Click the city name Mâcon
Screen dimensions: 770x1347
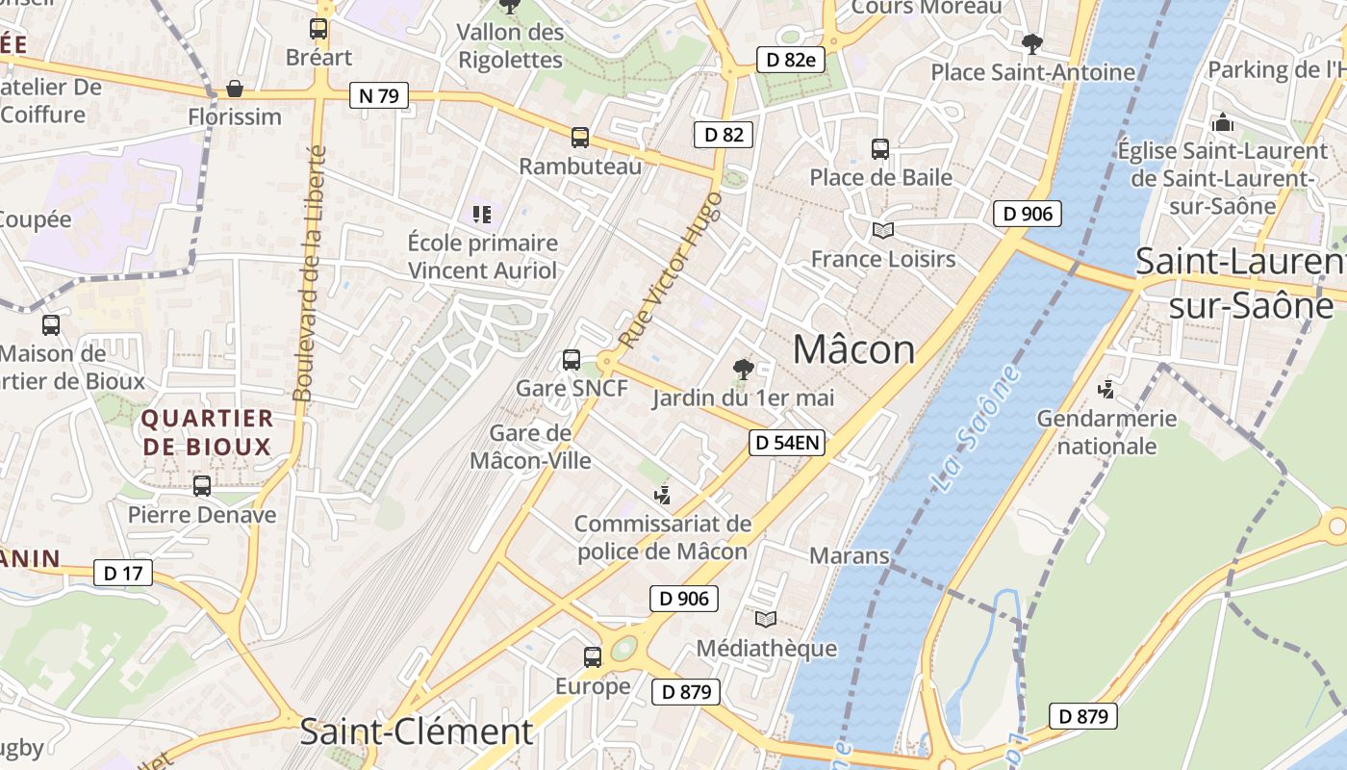point(853,349)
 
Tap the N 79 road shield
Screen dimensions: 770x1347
point(378,95)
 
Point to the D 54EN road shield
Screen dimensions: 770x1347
point(787,443)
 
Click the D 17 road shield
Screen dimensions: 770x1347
point(123,574)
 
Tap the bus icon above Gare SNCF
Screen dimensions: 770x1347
point(571,360)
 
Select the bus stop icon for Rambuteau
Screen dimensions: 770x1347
point(579,138)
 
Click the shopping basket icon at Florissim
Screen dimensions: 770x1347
point(234,90)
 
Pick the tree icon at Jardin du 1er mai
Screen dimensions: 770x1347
point(743,369)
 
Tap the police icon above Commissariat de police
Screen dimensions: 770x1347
point(662,497)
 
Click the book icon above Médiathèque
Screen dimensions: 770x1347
point(766,619)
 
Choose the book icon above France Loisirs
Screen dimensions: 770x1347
point(882,230)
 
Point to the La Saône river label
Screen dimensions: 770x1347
point(975,429)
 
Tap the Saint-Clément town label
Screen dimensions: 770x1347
point(416,731)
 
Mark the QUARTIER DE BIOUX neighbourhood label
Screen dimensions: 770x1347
point(207,432)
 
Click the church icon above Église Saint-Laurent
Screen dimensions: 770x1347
point(1223,122)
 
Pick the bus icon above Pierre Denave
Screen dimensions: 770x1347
point(202,486)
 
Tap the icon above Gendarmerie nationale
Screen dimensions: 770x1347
point(1106,390)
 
